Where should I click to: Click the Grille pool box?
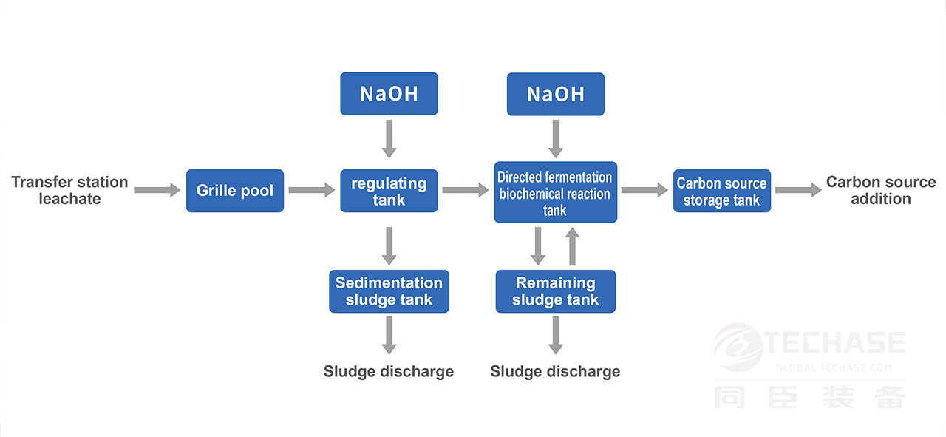click(235, 191)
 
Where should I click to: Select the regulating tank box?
click(389, 191)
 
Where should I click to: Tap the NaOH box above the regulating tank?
click(389, 93)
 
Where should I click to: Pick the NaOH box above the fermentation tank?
click(555, 94)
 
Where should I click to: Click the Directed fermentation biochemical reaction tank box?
click(555, 192)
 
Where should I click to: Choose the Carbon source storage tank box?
click(722, 191)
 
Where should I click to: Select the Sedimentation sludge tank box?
click(389, 291)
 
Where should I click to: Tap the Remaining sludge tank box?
click(555, 291)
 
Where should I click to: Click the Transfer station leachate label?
click(69, 190)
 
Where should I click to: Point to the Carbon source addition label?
click(881, 190)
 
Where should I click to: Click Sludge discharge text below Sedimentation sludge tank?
click(389, 371)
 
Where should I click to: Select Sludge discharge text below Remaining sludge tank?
click(555, 371)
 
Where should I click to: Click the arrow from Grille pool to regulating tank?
click(312, 190)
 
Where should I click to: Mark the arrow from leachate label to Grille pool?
click(157, 190)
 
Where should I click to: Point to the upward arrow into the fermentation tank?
click(572, 246)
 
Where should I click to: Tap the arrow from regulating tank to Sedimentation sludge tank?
click(389, 246)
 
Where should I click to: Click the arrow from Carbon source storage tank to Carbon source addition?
click(798, 190)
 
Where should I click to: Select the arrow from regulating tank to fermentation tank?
click(466, 190)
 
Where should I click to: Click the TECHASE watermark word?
click(834, 342)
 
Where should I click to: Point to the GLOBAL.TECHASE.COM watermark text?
click(834, 367)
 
